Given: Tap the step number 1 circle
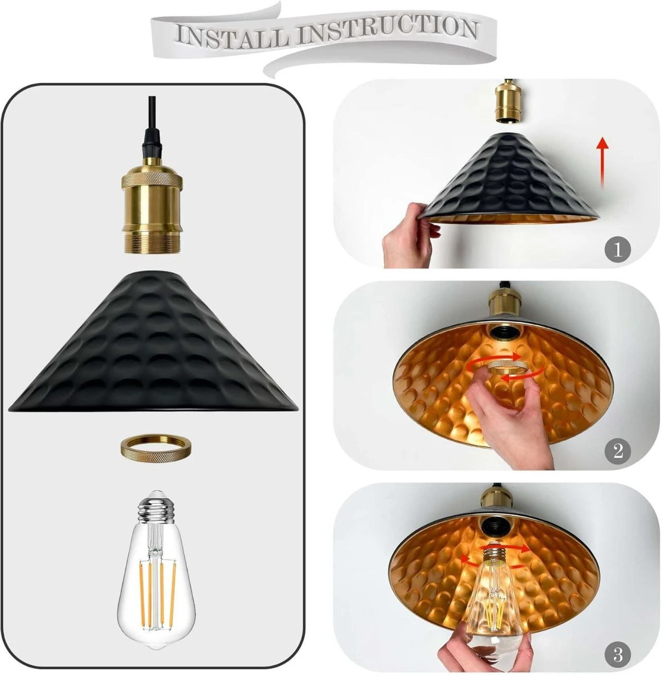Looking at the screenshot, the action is [617, 250].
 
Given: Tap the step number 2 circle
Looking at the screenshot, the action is [617, 451].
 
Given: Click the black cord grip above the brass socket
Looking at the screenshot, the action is [151, 143].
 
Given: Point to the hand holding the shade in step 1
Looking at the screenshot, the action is [410, 236].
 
